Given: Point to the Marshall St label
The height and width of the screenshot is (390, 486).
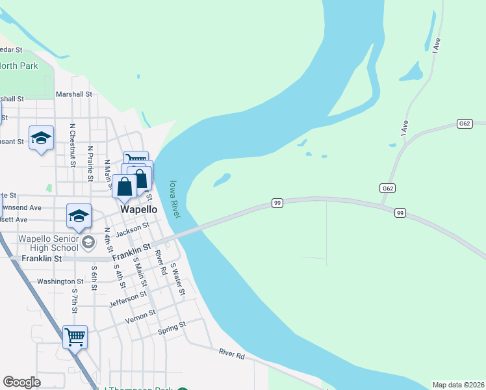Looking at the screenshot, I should point(73,94).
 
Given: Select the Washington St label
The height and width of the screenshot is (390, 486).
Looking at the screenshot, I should point(60,281).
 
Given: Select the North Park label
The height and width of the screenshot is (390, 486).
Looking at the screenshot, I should point(18,66).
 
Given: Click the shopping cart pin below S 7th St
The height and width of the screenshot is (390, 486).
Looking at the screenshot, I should point(75,337).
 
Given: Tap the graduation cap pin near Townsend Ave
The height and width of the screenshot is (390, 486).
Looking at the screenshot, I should point(79,216).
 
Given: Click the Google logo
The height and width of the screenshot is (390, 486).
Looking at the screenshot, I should point(21,382).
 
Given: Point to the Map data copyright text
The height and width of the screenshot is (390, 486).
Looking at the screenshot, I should point(459,385).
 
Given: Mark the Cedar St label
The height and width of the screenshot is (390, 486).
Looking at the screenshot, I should point(11,49).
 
